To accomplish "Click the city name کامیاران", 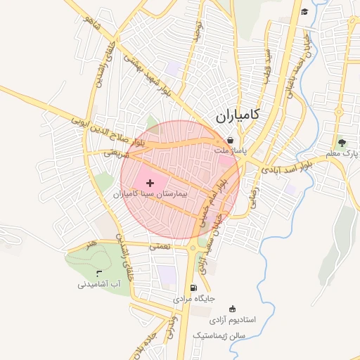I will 235,115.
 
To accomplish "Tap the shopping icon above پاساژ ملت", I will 231,140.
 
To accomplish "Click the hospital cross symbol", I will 150,183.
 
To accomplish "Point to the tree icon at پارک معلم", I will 342,143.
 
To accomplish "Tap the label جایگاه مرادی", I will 193,300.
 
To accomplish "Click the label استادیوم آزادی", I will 233,320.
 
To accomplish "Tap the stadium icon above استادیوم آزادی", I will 233,308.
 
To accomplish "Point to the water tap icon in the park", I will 98,273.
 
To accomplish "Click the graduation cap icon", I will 304,11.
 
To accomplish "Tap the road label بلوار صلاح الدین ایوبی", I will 107,133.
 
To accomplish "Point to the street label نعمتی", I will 160,247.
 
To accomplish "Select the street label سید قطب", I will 267,66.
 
